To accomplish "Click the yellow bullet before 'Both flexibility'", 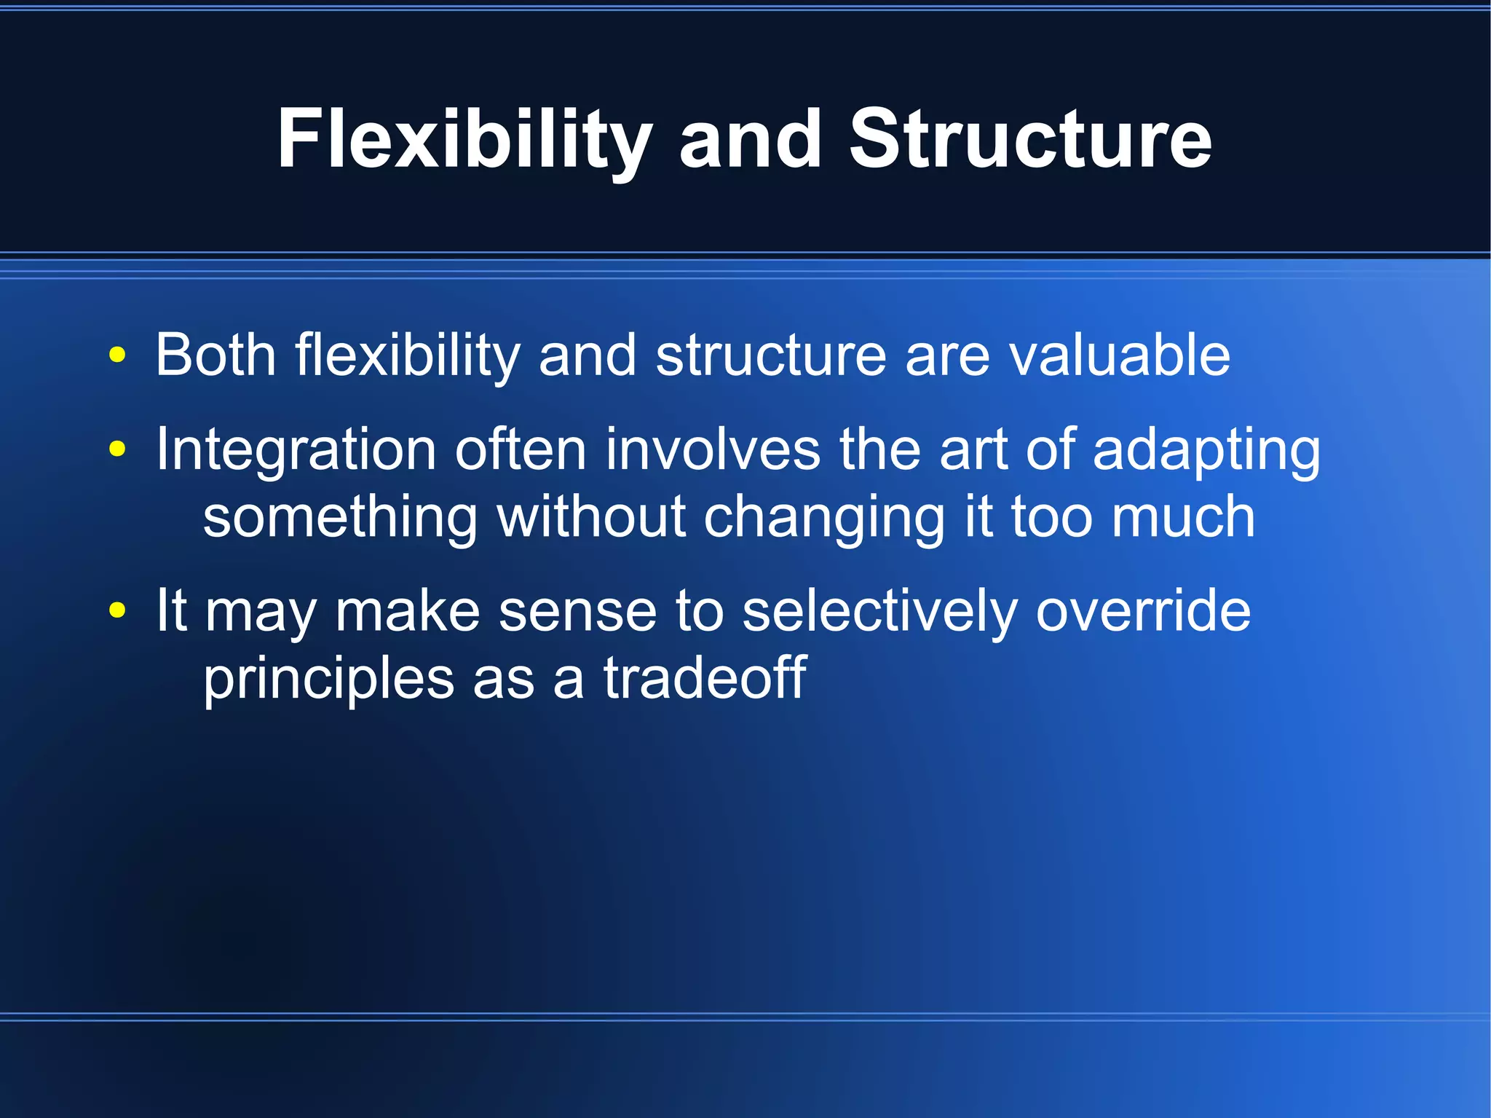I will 117,356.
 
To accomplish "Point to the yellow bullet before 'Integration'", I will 117,449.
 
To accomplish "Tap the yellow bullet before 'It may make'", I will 117,610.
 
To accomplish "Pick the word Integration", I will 296,450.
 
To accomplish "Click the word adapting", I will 1206,450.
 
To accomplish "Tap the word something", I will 340,517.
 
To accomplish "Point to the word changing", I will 823,517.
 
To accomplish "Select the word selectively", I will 879,610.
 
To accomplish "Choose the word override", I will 1143,610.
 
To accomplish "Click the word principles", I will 328,679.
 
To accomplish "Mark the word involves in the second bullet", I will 713,449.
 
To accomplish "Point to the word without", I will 591,517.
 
